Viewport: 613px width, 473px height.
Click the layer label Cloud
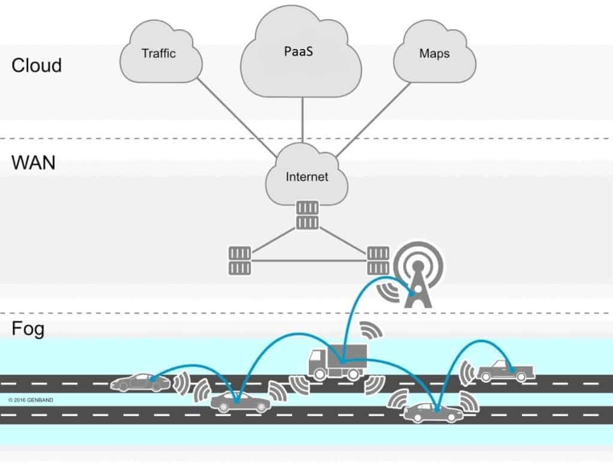point(37,65)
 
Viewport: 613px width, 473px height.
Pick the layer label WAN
point(34,161)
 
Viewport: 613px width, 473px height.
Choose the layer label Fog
point(28,329)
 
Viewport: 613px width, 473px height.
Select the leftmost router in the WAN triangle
point(238,260)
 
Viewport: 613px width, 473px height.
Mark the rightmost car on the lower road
point(433,412)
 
